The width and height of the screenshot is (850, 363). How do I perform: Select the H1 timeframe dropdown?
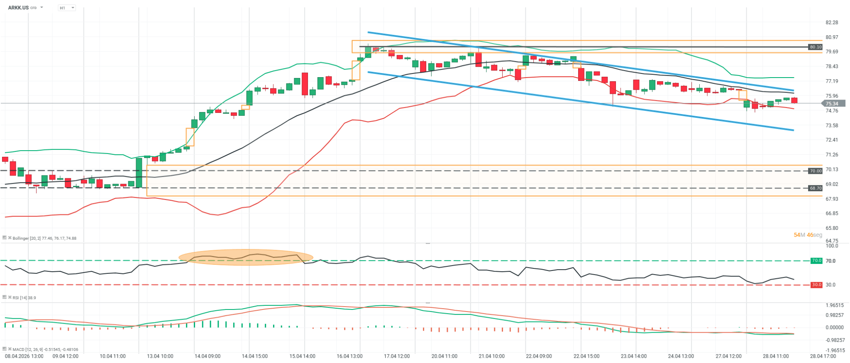coord(66,8)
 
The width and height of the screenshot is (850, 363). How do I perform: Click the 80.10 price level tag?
coord(815,47)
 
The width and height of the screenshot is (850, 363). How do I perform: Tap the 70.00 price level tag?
coord(815,171)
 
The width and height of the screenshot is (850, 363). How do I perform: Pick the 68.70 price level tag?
coord(815,188)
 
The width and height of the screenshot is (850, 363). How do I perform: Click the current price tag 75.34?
coord(831,104)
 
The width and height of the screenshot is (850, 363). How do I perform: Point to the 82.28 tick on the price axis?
coord(831,22)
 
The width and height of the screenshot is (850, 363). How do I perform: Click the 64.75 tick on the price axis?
coord(831,241)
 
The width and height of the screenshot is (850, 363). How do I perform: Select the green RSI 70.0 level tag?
coord(816,261)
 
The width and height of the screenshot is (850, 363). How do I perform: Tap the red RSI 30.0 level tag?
coord(816,285)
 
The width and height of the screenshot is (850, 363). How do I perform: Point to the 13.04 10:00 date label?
coord(160,356)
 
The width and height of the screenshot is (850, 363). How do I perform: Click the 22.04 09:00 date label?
coord(539,356)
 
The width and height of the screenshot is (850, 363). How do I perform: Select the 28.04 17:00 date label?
coord(823,356)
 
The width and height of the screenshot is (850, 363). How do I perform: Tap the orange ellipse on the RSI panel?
coord(246,257)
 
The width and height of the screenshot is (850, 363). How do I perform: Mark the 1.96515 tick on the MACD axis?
coord(831,305)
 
